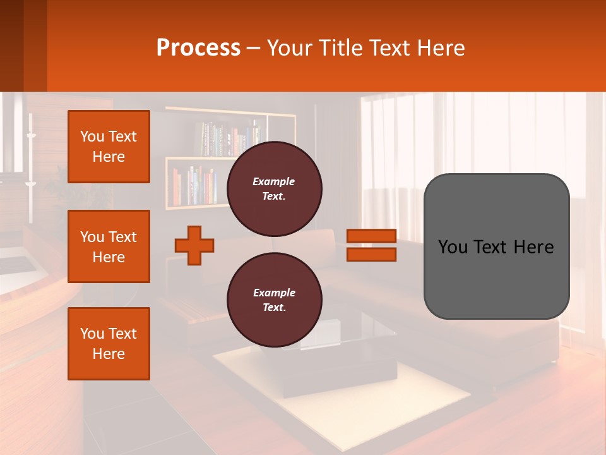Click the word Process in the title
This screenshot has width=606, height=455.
(198, 48)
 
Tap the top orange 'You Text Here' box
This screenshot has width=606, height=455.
(109, 147)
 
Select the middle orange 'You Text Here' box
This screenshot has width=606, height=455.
(109, 246)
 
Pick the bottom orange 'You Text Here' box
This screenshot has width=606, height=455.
(109, 344)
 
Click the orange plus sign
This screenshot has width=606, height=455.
(194, 245)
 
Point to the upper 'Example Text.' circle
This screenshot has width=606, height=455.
(274, 188)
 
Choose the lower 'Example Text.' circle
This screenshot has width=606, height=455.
(274, 300)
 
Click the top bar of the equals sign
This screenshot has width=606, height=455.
(371, 236)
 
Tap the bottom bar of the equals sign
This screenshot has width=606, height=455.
(371, 254)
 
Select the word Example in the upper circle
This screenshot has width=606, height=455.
(273, 181)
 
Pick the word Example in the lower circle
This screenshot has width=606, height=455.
(273, 293)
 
